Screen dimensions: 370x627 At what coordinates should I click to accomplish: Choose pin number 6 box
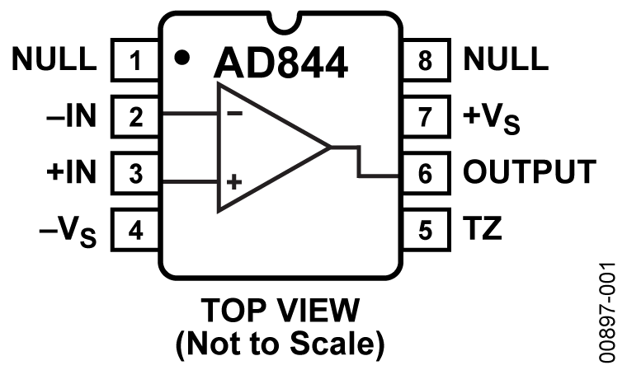(x=425, y=173)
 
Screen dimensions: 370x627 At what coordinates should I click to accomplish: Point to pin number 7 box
(x=425, y=117)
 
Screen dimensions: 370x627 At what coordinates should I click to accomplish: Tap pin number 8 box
(x=425, y=61)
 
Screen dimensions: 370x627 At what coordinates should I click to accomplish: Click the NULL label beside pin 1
(x=55, y=60)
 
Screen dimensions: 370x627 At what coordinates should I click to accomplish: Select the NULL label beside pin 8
(x=504, y=60)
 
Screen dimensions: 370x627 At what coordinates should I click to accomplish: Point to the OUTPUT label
(x=528, y=173)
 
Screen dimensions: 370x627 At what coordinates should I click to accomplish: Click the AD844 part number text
(x=280, y=63)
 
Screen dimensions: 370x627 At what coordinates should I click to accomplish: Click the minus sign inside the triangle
(x=235, y=115)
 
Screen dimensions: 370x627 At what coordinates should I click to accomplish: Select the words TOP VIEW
(x=280, y=311)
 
